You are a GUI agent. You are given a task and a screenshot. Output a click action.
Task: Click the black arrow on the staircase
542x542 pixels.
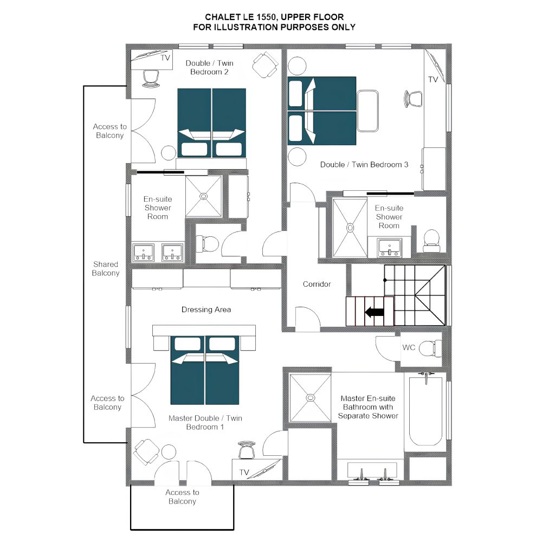(x=375, y=312)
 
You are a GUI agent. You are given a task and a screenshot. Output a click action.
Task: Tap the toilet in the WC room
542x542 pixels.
(x=430, y=349)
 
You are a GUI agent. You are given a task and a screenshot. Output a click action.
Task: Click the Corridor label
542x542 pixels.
(x=317, y=284)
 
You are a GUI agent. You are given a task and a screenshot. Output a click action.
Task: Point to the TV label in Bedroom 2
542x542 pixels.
(x=165, y=58)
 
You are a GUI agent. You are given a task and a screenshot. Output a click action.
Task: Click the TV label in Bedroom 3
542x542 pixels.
(x=433, y=80)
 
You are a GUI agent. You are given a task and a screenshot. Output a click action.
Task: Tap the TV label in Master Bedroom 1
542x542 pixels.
(x=244, y=472)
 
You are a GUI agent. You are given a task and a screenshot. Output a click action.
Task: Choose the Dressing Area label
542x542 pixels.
(x=206, y=309)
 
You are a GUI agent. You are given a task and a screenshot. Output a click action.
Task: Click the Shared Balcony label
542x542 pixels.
(x=106, y=269)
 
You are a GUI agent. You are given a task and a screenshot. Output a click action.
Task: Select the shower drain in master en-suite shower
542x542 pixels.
(x=311, y=398)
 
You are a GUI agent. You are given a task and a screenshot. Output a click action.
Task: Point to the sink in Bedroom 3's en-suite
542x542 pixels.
(x=390, y=248)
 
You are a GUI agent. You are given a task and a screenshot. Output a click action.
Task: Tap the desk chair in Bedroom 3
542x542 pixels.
(x=413, y=99)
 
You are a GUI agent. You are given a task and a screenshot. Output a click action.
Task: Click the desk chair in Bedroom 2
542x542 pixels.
(x=151, y=79)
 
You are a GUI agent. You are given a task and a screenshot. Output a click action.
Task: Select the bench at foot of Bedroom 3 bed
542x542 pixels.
(x=367, y=111)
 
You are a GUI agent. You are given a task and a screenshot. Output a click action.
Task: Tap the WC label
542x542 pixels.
(x=409, y=347)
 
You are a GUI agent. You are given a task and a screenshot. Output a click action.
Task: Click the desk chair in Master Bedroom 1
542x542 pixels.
(x=247, y=449)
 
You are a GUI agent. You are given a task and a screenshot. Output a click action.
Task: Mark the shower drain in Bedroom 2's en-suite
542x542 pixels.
(x=204, y=196)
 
